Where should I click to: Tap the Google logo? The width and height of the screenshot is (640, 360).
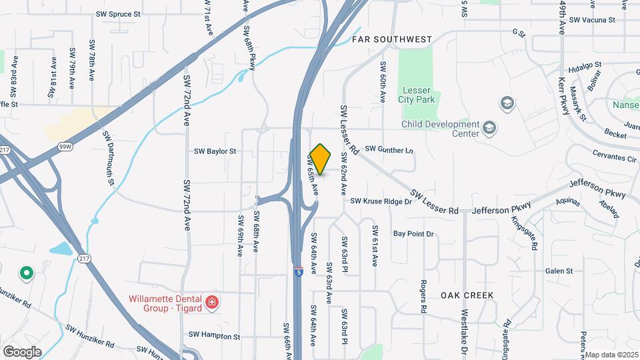[22, 351]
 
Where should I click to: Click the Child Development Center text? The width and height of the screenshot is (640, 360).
[440, 129]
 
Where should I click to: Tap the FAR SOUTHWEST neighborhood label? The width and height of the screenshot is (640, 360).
[391, 40]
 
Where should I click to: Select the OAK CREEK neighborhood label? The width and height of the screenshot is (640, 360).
[467, 295]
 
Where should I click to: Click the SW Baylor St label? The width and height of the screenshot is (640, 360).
[215, 151]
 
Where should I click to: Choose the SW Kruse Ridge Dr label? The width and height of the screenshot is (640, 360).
[381, 201]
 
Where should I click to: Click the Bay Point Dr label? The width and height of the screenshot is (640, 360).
[413, 234]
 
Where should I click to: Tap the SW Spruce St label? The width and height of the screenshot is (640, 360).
[118, 13]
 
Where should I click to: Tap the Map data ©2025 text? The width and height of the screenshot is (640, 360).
[611, 354]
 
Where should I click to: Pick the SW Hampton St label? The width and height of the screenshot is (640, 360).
[213, 337]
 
